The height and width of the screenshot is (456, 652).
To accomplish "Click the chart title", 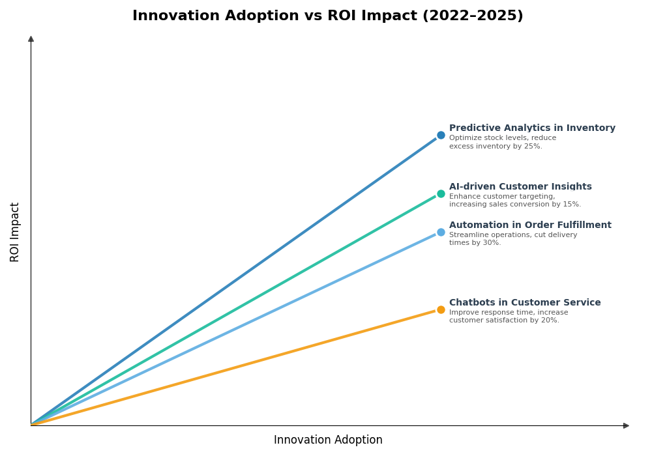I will [x=327, y=16].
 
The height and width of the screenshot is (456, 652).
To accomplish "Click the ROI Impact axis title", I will [x=15, y=232].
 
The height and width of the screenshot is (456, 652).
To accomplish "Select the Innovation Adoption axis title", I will [x=328, y=440].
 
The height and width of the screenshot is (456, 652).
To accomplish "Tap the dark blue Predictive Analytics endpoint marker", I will [x=441, y=135].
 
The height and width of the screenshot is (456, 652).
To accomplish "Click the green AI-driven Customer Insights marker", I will [x=441, y=193].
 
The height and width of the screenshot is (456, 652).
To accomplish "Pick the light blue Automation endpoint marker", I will [x=441, y=232].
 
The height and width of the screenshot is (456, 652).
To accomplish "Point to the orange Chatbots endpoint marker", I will [x=441, y=309].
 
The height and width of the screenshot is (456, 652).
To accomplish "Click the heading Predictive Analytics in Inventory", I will [x=532, y=128].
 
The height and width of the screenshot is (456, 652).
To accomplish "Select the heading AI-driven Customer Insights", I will [x=520, y=187].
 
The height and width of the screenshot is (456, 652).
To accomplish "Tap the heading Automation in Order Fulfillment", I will [x=530, y=225].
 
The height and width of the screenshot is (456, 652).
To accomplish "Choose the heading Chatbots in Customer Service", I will [x=525, y=303].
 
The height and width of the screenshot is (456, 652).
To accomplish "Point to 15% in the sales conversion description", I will [x=571, y=205].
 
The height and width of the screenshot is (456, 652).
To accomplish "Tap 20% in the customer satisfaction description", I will [x=550, y=321].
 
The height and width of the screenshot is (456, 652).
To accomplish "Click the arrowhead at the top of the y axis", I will [x=31, y=39].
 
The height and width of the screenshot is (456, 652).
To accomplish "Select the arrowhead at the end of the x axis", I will [x=626, y=425].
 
